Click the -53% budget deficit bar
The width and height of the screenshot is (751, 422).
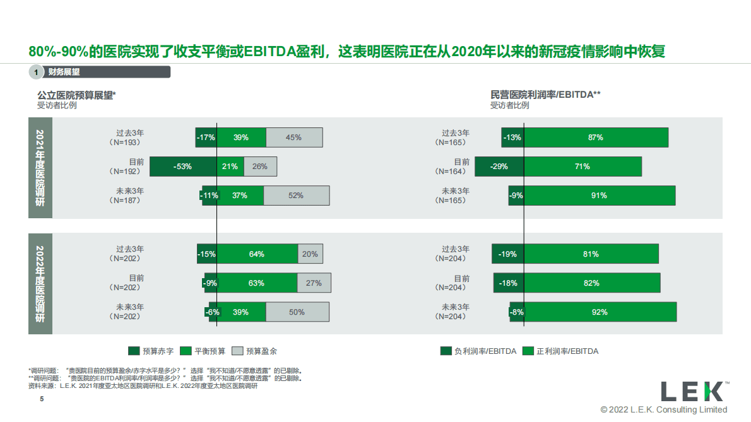tap(183, 167)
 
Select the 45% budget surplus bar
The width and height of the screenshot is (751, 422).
tap(294, 138)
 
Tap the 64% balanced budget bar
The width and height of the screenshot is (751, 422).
tap(257, 254)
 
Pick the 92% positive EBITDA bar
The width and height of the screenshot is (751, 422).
tap(600, 312)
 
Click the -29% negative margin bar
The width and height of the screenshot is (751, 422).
tap(499, 167)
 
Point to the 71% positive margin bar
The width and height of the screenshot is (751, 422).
tap(582, 167)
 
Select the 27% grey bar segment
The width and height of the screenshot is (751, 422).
tap(314, 283)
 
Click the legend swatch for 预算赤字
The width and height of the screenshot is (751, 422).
tap(134, 351)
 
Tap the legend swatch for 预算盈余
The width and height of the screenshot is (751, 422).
tap(237, 351)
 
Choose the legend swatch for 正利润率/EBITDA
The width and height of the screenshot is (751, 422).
tap(528, 351)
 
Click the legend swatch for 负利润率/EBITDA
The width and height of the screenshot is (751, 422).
tap(446, 351)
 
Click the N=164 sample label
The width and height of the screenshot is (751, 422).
tap(452, 172)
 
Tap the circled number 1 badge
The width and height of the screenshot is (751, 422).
tap(37, 73)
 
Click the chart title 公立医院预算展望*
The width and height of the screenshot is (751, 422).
tap(77, 95)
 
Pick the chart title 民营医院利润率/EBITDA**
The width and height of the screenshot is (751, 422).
tap(545, 95)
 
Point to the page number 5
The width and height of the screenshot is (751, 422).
tap(42, 399)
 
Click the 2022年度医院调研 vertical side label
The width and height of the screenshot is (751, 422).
tap(40, 284)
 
